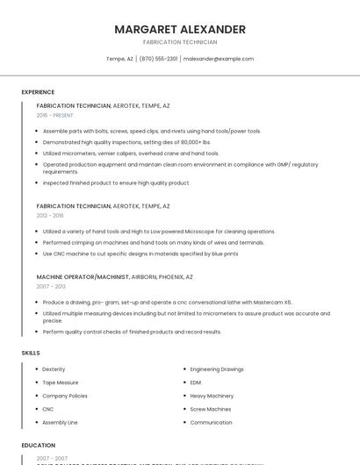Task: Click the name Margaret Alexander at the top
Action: click(180, 29)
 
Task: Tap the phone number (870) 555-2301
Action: click(158, 59)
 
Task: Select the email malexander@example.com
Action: click(219, 59)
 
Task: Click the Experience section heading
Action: click(38, 92)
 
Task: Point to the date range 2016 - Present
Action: click(55, 115)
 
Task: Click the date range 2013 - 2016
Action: click(50, 215)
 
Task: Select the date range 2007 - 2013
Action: click(51, 286)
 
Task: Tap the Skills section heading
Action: click(31, 353)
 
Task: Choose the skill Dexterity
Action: click(54, 369)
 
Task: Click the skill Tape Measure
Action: click(61, 383)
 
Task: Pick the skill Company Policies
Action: click(65, 396)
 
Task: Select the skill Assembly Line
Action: click(60, 422)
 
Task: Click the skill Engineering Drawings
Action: click(217, 369)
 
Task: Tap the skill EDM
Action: click(196, 383)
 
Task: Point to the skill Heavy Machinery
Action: click(212, 396)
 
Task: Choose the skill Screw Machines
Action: click(211, 409)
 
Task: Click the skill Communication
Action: click(211, 422)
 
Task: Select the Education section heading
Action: click(38, 445)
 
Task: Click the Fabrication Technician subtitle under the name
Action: click(180, 42)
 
